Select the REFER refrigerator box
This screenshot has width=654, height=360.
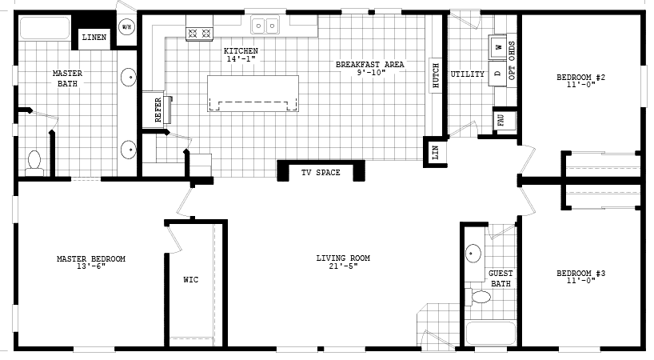157,108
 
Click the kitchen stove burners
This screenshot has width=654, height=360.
198,34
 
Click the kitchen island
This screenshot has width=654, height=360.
253,94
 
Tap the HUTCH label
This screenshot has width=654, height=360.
436,75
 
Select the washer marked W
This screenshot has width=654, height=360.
497,48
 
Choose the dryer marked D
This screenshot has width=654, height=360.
497,74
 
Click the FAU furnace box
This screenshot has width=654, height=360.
501,121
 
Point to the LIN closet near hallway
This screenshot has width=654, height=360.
436,151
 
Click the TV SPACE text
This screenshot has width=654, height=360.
321,173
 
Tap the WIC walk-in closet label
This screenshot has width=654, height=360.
190,280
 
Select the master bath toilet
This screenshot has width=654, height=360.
34,162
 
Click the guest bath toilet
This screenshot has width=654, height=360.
481,298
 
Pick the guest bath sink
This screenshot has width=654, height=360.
473,254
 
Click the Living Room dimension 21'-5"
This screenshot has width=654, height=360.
342,266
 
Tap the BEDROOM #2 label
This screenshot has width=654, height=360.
580,78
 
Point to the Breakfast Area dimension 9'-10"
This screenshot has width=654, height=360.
371,73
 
